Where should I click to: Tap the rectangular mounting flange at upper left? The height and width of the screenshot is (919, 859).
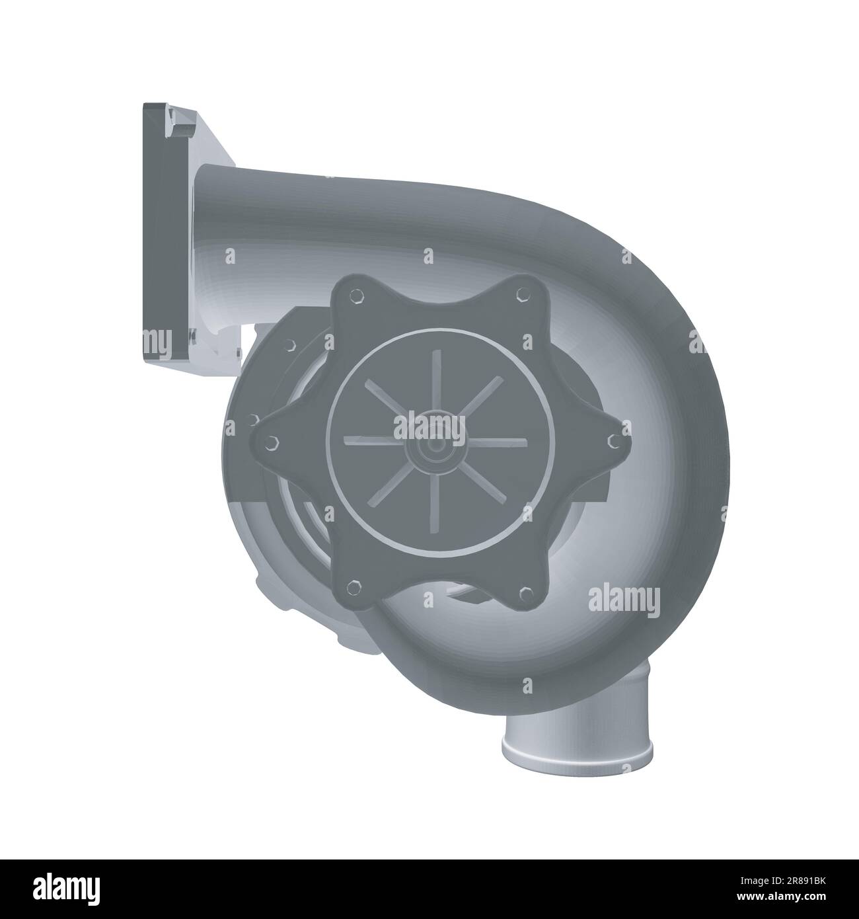click(x=157, y=231)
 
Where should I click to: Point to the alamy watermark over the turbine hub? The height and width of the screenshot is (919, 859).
click(x=429, y=426)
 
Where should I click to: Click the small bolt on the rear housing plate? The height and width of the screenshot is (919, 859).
click(x=289, y=345)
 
